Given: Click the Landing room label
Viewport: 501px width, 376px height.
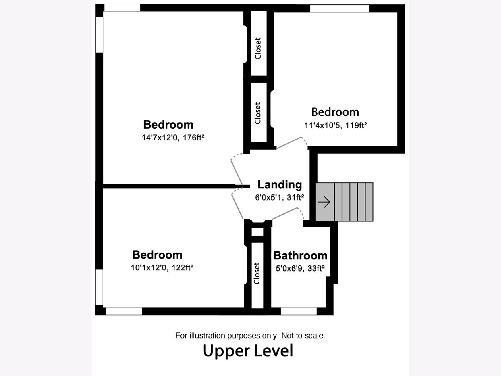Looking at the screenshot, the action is pyautogui.click(x=280, y=185).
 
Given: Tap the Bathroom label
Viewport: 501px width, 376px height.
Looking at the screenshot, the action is pyautogui.click(x=300, y=255).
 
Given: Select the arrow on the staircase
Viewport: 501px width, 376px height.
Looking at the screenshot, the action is pyautogui.click(x=324, y=202).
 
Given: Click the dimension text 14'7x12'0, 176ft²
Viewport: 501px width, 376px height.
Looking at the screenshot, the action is pyautogui.click(x=173, y=137).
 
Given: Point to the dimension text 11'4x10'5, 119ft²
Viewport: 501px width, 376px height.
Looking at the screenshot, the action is pyautogui.click(x=336, y=125).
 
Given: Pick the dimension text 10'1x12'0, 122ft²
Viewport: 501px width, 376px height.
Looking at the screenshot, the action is pyautogui.click(x=162, y=267).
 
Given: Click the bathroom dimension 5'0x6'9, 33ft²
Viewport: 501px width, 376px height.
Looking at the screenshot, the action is pyautogui.click(x=300, y=269).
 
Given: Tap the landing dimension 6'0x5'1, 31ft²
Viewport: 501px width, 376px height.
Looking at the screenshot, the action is pyautogui.click(x=280, y=198).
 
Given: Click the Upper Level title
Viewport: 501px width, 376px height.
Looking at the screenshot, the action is pyautogui.click(x=248, y=351).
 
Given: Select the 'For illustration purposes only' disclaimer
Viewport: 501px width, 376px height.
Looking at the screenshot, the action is pyautogui.click(x=250, y=335).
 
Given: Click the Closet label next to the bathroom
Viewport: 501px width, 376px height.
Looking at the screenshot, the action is pyautogui.click(x=257, y=274).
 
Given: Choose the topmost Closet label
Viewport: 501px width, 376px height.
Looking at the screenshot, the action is pyautogui.click(x=258, y=48).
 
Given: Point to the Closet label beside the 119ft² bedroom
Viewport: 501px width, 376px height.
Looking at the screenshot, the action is pyautogui.click(x=258, y=113).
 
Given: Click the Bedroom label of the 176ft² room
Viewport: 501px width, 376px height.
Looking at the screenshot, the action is pyautogui.click(x=168, y=124).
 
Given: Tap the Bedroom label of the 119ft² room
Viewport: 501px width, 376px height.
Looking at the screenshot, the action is pyautogui.click(x=335, y=112).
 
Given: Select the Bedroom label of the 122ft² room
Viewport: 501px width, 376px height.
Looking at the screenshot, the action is pyautogui.click(x=157, y=255).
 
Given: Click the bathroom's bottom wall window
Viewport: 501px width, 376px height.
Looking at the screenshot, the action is pyautogui.click(x=299, y=311).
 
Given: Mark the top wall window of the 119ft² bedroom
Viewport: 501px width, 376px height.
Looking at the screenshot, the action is pyautogui.click(x=339, y=8).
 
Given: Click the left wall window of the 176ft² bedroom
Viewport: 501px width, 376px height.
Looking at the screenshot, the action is pyautogui.click(x=99, y=35).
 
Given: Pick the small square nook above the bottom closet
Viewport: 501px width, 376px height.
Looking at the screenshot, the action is pyautogui.click(x=258, y=232).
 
